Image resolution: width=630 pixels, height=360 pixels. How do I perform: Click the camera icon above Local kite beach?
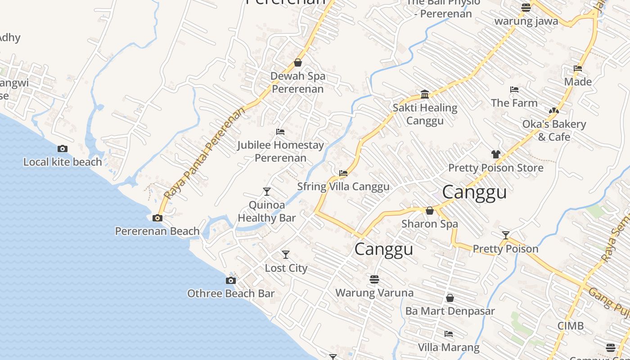pos(63,149)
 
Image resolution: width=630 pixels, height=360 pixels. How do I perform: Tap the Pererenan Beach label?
pos(157,231)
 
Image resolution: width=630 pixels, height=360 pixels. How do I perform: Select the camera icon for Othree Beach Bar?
pos(230,281)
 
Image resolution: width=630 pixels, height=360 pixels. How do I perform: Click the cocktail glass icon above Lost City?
pos(285,255)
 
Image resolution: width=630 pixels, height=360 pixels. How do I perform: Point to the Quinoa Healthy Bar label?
pos(267,211)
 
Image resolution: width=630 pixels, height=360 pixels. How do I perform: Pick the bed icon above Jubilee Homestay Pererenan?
pos(280,132)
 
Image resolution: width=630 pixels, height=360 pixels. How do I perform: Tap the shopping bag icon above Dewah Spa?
pos(297,63)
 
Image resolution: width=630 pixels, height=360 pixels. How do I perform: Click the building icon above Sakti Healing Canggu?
pos(425,94)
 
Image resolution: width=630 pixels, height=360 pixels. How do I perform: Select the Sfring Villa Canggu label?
pos(343,187)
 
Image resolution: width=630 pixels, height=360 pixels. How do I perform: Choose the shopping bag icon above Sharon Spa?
pos(430,211)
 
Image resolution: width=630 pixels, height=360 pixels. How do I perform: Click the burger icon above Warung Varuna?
pos(374,279)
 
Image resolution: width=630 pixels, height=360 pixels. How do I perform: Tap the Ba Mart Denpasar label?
pos(450,311)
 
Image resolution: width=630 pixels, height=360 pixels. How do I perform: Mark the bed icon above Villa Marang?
pos(449,334)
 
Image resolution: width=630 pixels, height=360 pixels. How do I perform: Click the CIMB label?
pos(570,326)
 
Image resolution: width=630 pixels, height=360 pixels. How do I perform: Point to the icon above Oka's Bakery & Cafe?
pos(554,111)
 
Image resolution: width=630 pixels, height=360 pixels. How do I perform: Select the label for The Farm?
pos(514,103)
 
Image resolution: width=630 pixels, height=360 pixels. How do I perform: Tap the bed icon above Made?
pos(578,68)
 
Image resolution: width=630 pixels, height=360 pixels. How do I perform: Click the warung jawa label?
pos(526,21)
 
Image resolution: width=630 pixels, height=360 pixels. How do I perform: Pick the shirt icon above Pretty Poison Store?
pos(496,154)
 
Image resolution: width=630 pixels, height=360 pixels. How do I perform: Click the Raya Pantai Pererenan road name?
pos(205,153)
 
